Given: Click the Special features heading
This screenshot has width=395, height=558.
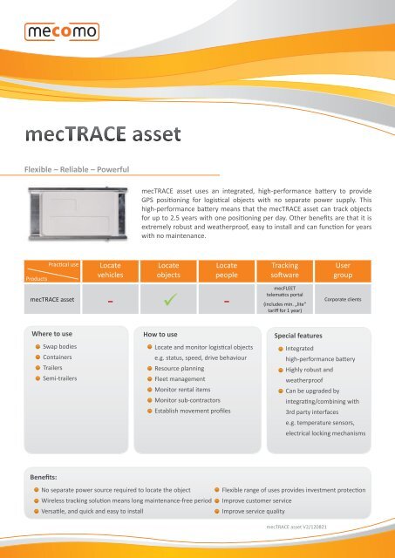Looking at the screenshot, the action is point(304,334).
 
